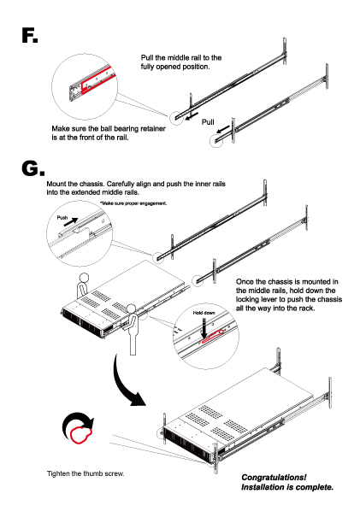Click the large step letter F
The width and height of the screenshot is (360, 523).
(x=27, y=37)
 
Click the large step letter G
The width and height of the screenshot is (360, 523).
(x=28, y=168)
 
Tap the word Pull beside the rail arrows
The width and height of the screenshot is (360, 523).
(x=208, y=122)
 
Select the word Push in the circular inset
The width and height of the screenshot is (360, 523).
(x=62, y=219)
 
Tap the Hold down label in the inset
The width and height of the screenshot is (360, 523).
(x=204, y=314)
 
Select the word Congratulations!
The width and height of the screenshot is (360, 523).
(x=273, y=477)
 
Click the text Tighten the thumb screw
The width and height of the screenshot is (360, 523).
(x=86, y=473)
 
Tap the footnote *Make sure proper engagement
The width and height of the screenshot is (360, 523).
(x=133, y=203)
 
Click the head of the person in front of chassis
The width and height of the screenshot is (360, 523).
(x=131, y=307)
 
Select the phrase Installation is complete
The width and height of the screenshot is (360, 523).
(x=286, y=488)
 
